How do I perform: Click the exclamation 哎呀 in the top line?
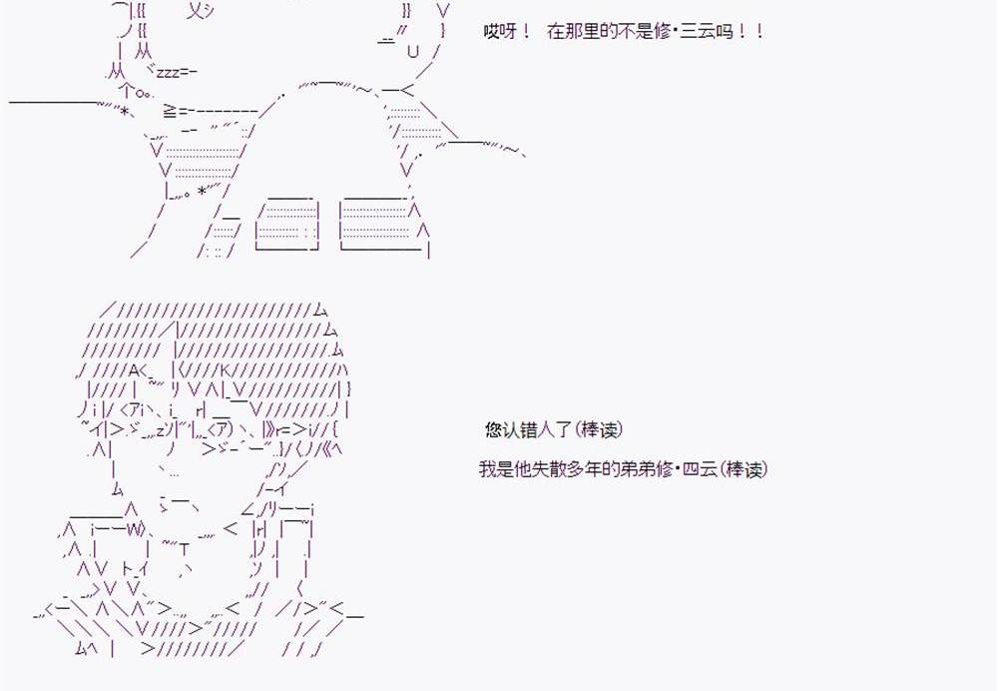pyautogui.click(x=499, y=32)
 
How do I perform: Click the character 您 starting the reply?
pyautogui.click(x=493, y=430)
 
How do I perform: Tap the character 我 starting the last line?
pyautogui.click(x=486, y=469)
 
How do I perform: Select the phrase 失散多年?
pyautogui.click(x=563, y=469)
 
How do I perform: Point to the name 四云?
pyautogui.click(x=696, y=469)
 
